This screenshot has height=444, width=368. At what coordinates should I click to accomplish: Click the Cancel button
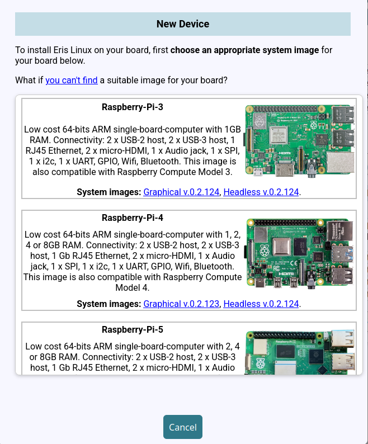point(182,427)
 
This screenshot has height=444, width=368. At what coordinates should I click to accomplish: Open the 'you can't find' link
point(72,80)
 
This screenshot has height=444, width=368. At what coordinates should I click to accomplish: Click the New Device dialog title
point(182,24)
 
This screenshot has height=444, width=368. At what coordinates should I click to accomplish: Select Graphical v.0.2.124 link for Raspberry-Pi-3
point(182,192)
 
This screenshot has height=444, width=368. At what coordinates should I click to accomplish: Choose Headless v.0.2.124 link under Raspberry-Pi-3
point(261,192)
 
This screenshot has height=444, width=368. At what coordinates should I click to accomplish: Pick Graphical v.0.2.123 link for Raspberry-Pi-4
point(182,304)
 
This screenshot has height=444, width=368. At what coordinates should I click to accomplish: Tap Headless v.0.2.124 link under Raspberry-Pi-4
point(261,304)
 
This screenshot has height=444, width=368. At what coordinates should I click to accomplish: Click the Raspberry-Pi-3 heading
point(133,107)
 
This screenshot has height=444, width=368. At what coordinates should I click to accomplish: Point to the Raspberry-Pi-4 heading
point(133,218)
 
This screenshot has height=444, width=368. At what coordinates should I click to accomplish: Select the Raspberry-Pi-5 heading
point(133,329)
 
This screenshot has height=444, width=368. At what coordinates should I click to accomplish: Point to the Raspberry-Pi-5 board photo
point(300,352)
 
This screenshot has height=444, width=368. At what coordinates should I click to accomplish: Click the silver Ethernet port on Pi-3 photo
point(341,163)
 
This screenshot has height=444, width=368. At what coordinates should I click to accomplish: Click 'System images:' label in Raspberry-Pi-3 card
point(109,192)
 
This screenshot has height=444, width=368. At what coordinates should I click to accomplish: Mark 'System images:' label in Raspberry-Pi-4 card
point(109,304)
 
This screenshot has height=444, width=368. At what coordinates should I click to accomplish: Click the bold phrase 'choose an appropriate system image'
point(244,50)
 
